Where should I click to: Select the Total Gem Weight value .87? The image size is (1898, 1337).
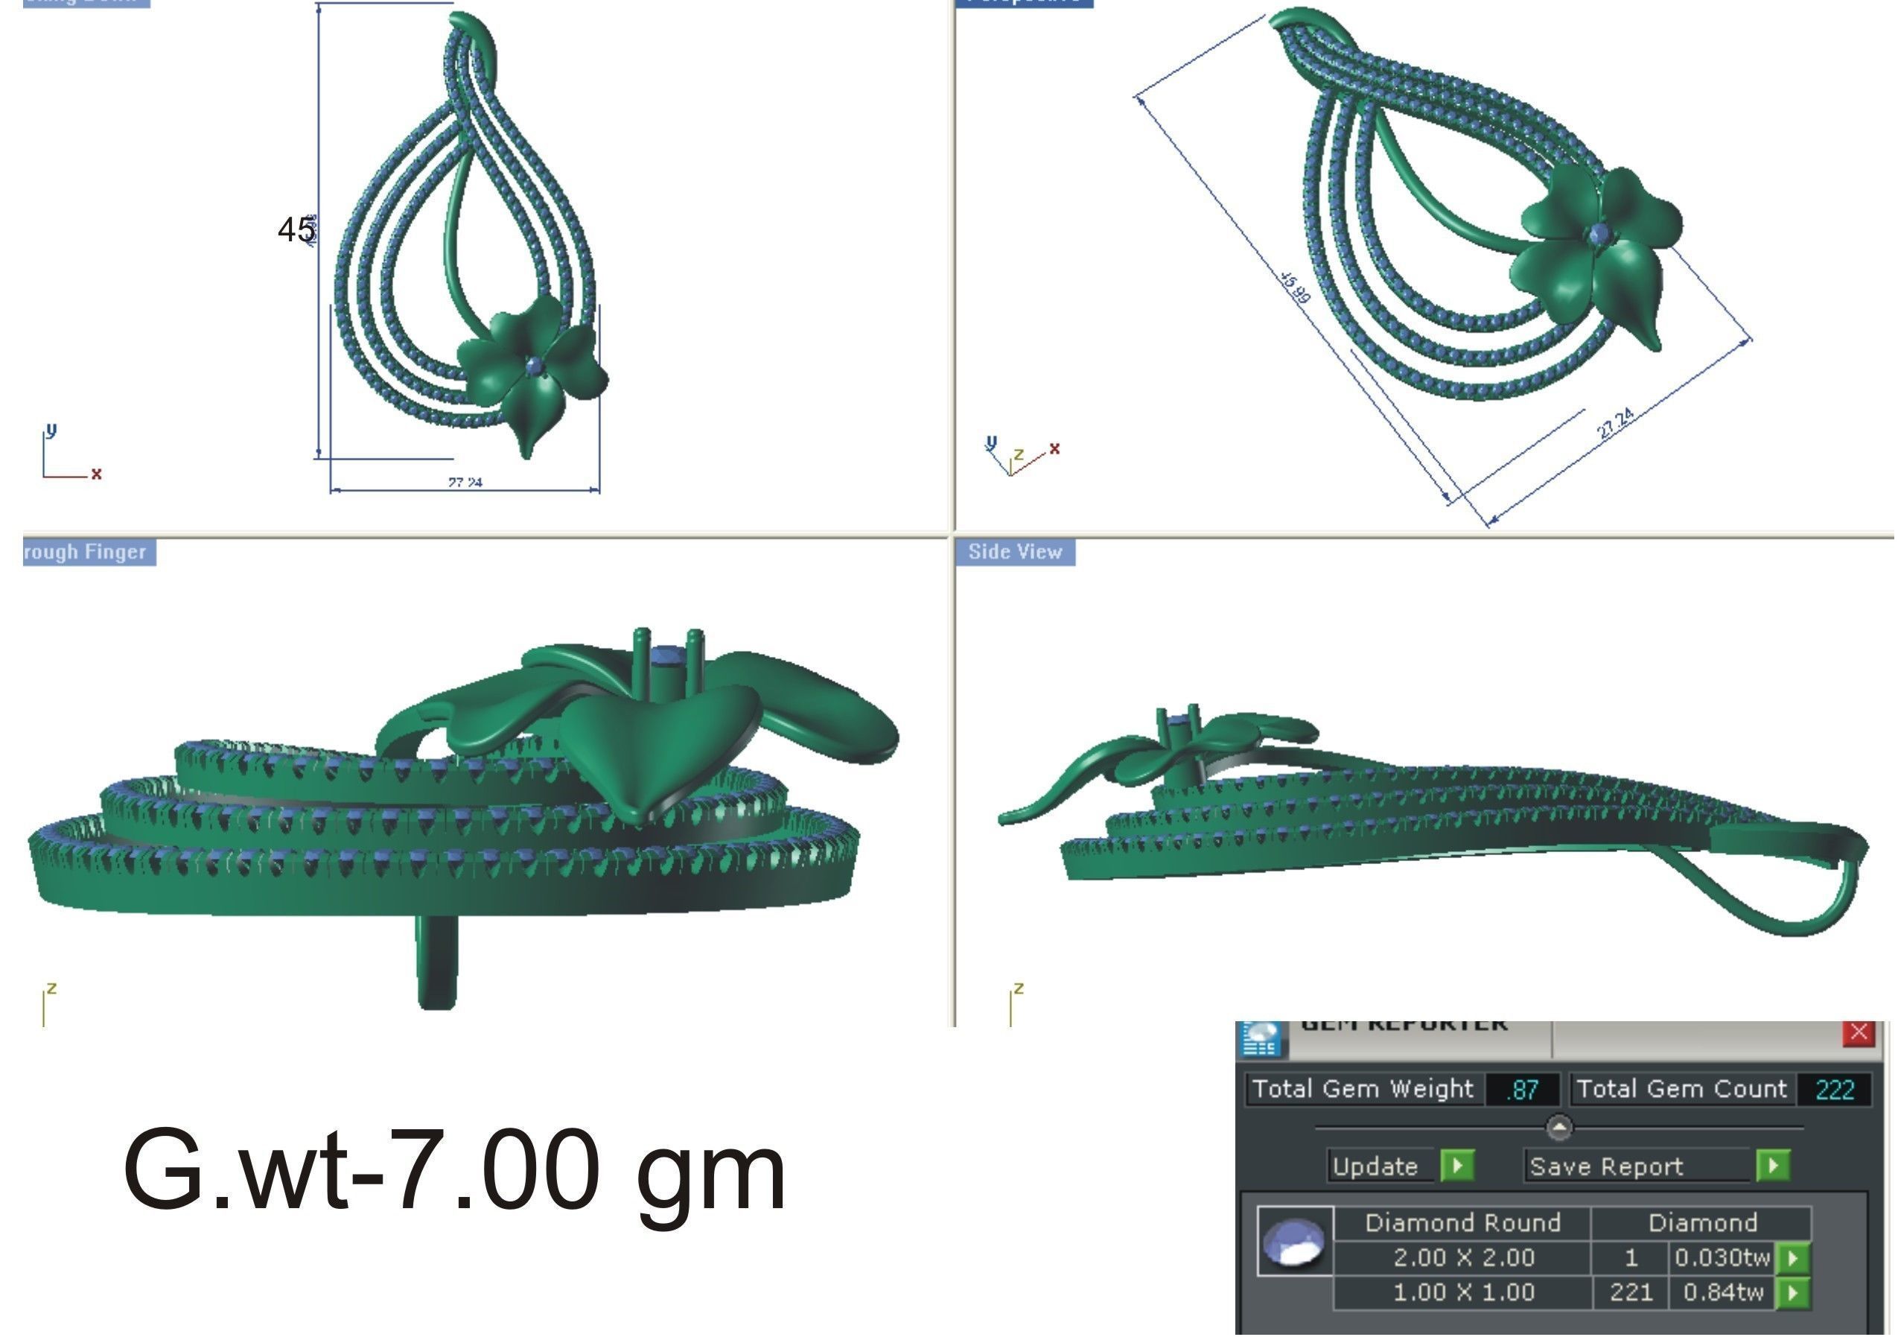point(1522,1090)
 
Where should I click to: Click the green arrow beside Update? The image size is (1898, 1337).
point(1457,1166)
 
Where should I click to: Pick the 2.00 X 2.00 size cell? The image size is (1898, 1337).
point(1463,1257)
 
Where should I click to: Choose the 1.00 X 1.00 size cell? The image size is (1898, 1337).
point(1463,1292)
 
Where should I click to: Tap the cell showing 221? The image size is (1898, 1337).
point(1631,1292)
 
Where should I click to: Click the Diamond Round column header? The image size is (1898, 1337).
point(1463,1223)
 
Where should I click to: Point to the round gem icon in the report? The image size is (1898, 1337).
point(1296,1242)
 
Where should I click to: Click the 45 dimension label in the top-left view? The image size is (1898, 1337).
point(295,230)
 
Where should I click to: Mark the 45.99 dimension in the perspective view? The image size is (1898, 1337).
point(1296,286)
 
